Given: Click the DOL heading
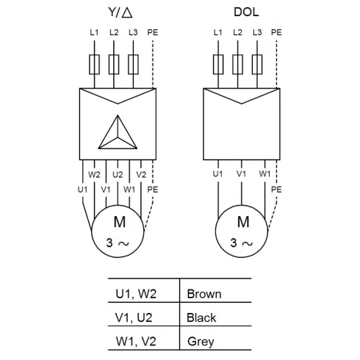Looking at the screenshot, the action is (x=246, y=12).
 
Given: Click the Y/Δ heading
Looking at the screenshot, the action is (x=120, y=12).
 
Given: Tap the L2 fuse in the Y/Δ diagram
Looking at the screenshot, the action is (x=114, y=65).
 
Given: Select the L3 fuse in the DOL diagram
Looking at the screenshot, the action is (x=257, y=65).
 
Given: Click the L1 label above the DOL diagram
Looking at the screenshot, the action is (x=217, y=32).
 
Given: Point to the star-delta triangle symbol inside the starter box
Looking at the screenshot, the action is (x=118, y=132).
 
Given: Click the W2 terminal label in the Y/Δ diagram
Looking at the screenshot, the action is (x=94, y=175).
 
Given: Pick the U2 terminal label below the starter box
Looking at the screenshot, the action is (x=118, y=175).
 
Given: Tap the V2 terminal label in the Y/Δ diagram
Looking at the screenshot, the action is (x=141, y=175).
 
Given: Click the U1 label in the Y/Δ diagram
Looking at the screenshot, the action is (x=82, y=190).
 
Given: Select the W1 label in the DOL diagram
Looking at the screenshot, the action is (x=264, y=174).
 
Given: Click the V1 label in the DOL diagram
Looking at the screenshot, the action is (x=241, y=174).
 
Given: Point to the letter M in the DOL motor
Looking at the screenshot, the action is (x=243, y=222).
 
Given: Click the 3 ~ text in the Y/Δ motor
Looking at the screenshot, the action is (x=118, y=243).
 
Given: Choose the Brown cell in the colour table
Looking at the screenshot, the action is (x=204, y=294).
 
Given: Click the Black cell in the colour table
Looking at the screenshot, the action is (x=201, y=317).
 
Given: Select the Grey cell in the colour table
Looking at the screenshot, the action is (x=201, y=342).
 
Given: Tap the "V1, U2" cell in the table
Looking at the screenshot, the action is (x=134, y=317).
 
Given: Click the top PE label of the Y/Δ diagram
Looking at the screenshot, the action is (x=153, y=32).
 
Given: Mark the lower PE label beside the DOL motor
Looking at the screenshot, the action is (x=276, y=190).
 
